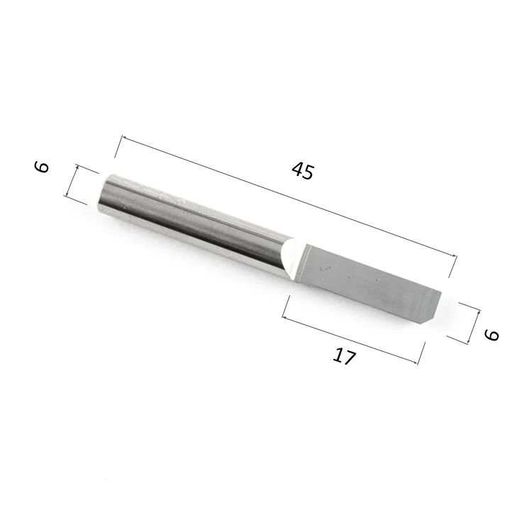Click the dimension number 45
(303, 171)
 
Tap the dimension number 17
(344, 357)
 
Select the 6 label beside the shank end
(42, 167)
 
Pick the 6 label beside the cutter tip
(492, 336)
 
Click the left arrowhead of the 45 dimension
(124, 138)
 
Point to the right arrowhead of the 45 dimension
(454, 256)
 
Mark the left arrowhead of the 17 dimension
(285, 318)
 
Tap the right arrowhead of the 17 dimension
(415, 363)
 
